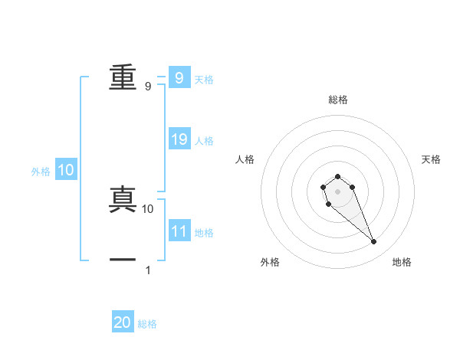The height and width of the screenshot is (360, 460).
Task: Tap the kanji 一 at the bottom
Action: click(x=123, y=260)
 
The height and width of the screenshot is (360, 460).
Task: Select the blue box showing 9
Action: click(x=179, y=77)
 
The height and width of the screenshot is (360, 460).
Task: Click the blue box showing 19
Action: click(x=179, y=139)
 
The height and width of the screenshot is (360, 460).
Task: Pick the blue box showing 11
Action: click(x=179, y=231)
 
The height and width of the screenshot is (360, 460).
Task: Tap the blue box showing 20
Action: click(x=123, y=322)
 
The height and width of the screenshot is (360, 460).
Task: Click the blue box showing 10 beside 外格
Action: click(x=66, y=171)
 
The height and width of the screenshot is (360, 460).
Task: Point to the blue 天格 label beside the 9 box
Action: click(x=204, y=79)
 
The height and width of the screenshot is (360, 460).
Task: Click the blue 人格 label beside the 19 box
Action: click(x=204, y=141)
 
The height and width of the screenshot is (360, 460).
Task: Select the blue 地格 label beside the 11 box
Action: click(x=204, y=233)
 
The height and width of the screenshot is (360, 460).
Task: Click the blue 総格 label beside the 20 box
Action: click(x=147, y=324)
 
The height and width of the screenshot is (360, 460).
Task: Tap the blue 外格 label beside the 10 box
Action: click(x=41, y=172)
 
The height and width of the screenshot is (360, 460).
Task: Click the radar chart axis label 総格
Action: click(x=337, y=100)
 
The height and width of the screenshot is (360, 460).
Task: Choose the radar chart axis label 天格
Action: click(x=431, y=159)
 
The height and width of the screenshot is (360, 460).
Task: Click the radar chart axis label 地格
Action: click(x=402, y=262)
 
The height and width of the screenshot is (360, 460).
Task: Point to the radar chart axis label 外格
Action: click(x=270, y=262)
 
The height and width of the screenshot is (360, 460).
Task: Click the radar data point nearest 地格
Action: click(x=374, y=242)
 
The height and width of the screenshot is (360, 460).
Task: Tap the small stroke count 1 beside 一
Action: click(x=148, y=270)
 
